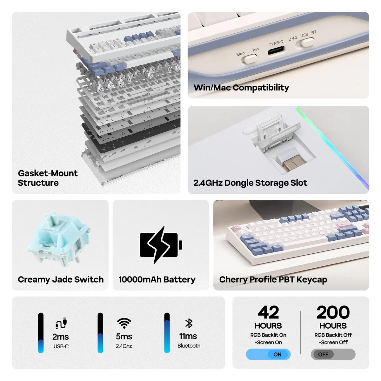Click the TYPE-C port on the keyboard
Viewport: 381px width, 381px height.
click(276, 50)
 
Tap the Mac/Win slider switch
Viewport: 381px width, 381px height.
click(250, 59)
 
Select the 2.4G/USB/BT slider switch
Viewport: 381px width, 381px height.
click(307, 42)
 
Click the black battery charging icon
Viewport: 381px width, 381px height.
click(161, 244)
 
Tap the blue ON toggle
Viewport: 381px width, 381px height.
click(268, 354)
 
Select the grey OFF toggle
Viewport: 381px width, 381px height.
click(333, 354)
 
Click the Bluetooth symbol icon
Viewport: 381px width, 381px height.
click(189, 324)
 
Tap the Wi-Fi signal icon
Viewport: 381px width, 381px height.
click(124, 323)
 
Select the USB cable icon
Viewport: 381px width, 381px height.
click(61, 323)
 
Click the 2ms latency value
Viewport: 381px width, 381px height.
click(61, 337)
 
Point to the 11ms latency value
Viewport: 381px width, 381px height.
click(188, 336)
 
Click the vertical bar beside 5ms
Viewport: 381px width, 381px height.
click(100, 333)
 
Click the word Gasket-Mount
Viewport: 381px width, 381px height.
click(48, 173)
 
